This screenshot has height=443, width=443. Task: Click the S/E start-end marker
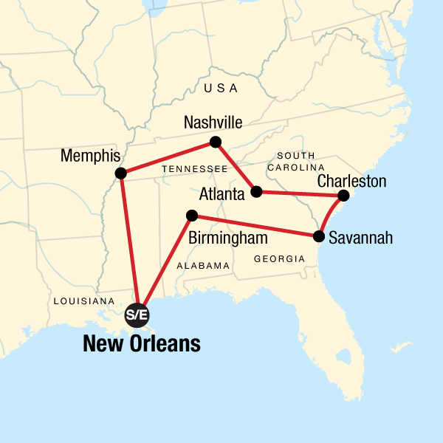pos(137,315)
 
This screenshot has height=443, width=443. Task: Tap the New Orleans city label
pos(142,344)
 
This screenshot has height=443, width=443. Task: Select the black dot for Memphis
pos(121,174)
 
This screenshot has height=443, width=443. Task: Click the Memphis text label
pos(91,157)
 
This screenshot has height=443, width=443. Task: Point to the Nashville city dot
pos(215,142)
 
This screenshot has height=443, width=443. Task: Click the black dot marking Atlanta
pos(256,192)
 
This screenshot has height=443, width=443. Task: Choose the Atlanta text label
pos(221,195)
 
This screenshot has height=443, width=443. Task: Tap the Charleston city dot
pos(343,196)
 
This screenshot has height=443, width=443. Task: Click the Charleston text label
pos(351,180)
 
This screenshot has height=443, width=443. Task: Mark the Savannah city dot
pos(319,237)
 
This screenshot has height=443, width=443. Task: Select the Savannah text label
pos(360,238)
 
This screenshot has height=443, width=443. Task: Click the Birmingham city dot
pos(192,216)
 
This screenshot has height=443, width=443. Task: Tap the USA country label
pos(221,89)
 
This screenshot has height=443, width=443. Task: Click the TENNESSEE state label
pos(195,169)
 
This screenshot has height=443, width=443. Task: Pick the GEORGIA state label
pos(279,259)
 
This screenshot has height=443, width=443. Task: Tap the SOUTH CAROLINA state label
pos(295,162)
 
